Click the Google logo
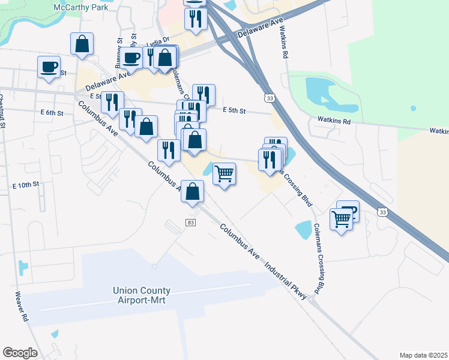[x=20, y=353]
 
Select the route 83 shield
[x=191, y=223]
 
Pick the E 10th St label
[x=26, y=184]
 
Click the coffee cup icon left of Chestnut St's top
[x=49, y=67]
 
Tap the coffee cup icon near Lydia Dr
[x=132, y=57]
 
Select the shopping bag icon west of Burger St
[x=82, y=43]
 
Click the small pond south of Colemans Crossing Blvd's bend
[x=303, y=230]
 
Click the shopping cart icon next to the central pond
[x=224, y=173]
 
